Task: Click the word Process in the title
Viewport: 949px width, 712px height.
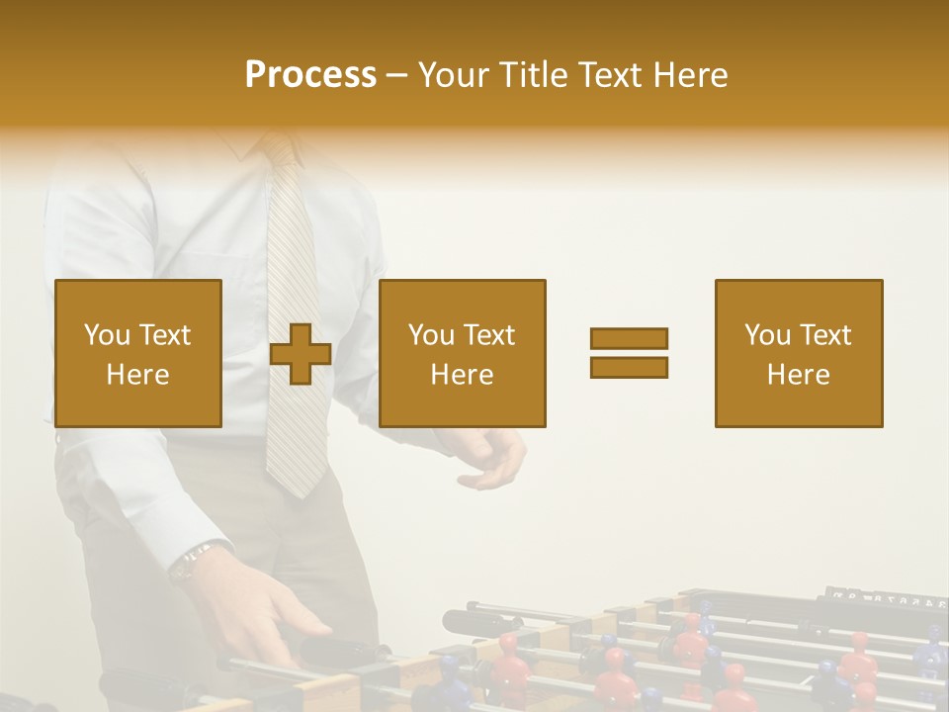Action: pos(310,75)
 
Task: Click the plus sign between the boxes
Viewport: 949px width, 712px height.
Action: pos(301,354)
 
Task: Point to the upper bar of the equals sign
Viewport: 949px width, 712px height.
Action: pos(629,338)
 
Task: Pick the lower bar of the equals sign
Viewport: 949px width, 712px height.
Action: pos(629,368)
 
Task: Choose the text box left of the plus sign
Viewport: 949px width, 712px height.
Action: pos(138,354)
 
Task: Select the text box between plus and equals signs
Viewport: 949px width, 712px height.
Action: pos(463,354)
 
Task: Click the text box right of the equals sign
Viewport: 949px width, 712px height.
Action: pos(799,354)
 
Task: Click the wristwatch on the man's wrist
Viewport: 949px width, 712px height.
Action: pos(188,564)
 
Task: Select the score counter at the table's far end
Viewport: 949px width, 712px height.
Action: pos(885,596)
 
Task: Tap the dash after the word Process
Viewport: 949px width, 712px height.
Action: pos(397,76)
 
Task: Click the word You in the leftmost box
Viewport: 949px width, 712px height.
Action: pos(108,335)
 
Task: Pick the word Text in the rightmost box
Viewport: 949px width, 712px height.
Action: pos(825,335)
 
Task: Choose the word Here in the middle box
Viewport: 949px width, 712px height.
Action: pos(463,375)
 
